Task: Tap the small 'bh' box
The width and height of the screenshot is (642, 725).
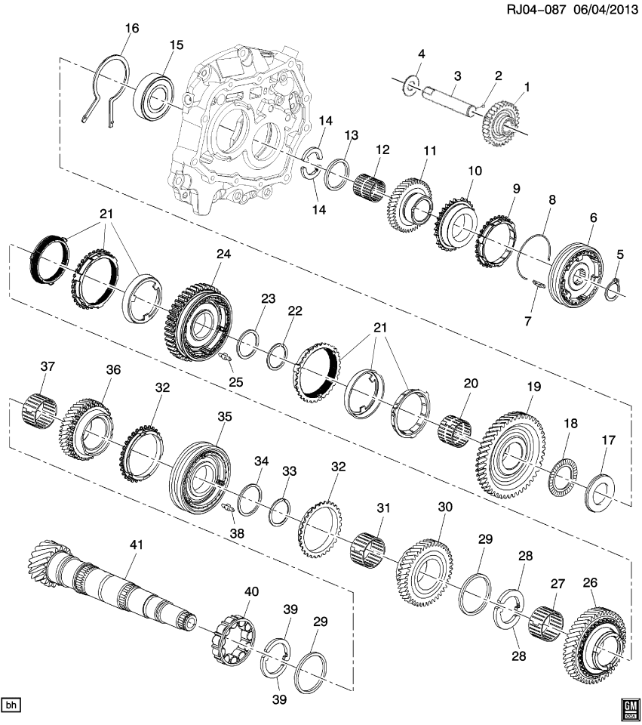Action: click(x=11, y=705)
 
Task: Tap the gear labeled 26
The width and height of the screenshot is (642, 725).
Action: click(x=595, y=634)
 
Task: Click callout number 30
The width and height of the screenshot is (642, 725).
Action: click(x=445, y=507)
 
